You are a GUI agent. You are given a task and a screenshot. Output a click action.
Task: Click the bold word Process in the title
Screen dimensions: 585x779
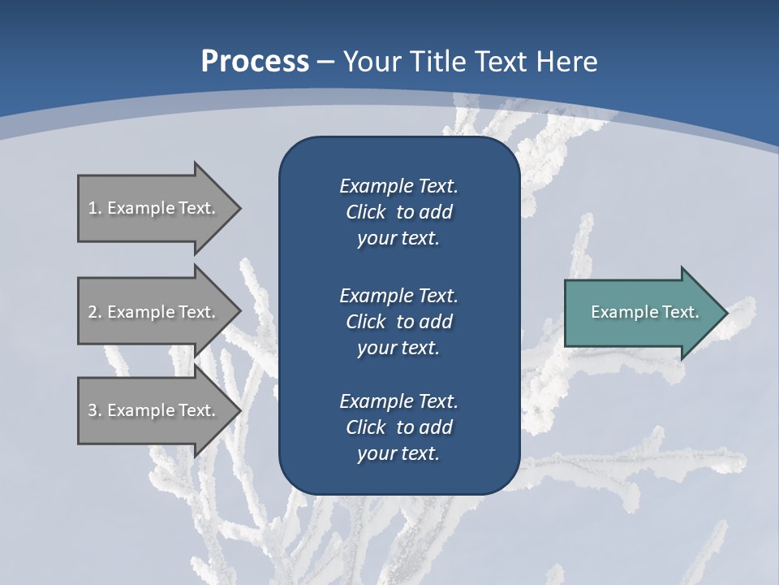pos(255,62)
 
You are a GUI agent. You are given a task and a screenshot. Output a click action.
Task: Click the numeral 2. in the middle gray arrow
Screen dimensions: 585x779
pos(95,312)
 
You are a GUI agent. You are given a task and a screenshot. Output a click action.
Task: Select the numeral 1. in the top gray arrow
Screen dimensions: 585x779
pos(94,208)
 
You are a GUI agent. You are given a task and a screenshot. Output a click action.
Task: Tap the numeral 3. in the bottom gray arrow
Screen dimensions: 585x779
pos(95,410)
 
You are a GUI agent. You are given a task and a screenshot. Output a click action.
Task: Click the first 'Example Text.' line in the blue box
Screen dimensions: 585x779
pos(398,186)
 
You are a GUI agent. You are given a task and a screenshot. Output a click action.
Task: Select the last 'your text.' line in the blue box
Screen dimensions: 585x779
pos(398,453)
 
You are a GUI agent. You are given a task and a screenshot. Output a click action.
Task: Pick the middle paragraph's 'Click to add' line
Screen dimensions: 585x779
pos(398,322)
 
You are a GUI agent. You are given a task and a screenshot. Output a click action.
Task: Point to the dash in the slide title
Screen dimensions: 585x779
pos(326,62)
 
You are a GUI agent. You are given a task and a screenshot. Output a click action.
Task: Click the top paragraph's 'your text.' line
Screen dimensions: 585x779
pos(398,238)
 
